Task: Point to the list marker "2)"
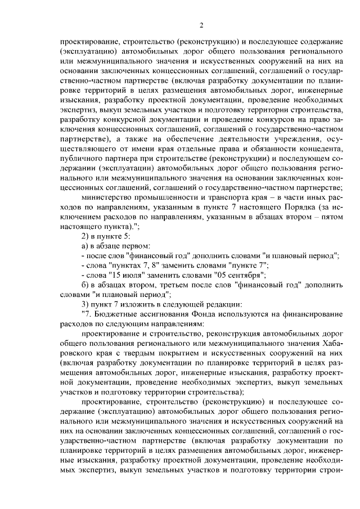point(86,236)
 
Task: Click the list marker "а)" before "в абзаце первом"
point(85,246)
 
